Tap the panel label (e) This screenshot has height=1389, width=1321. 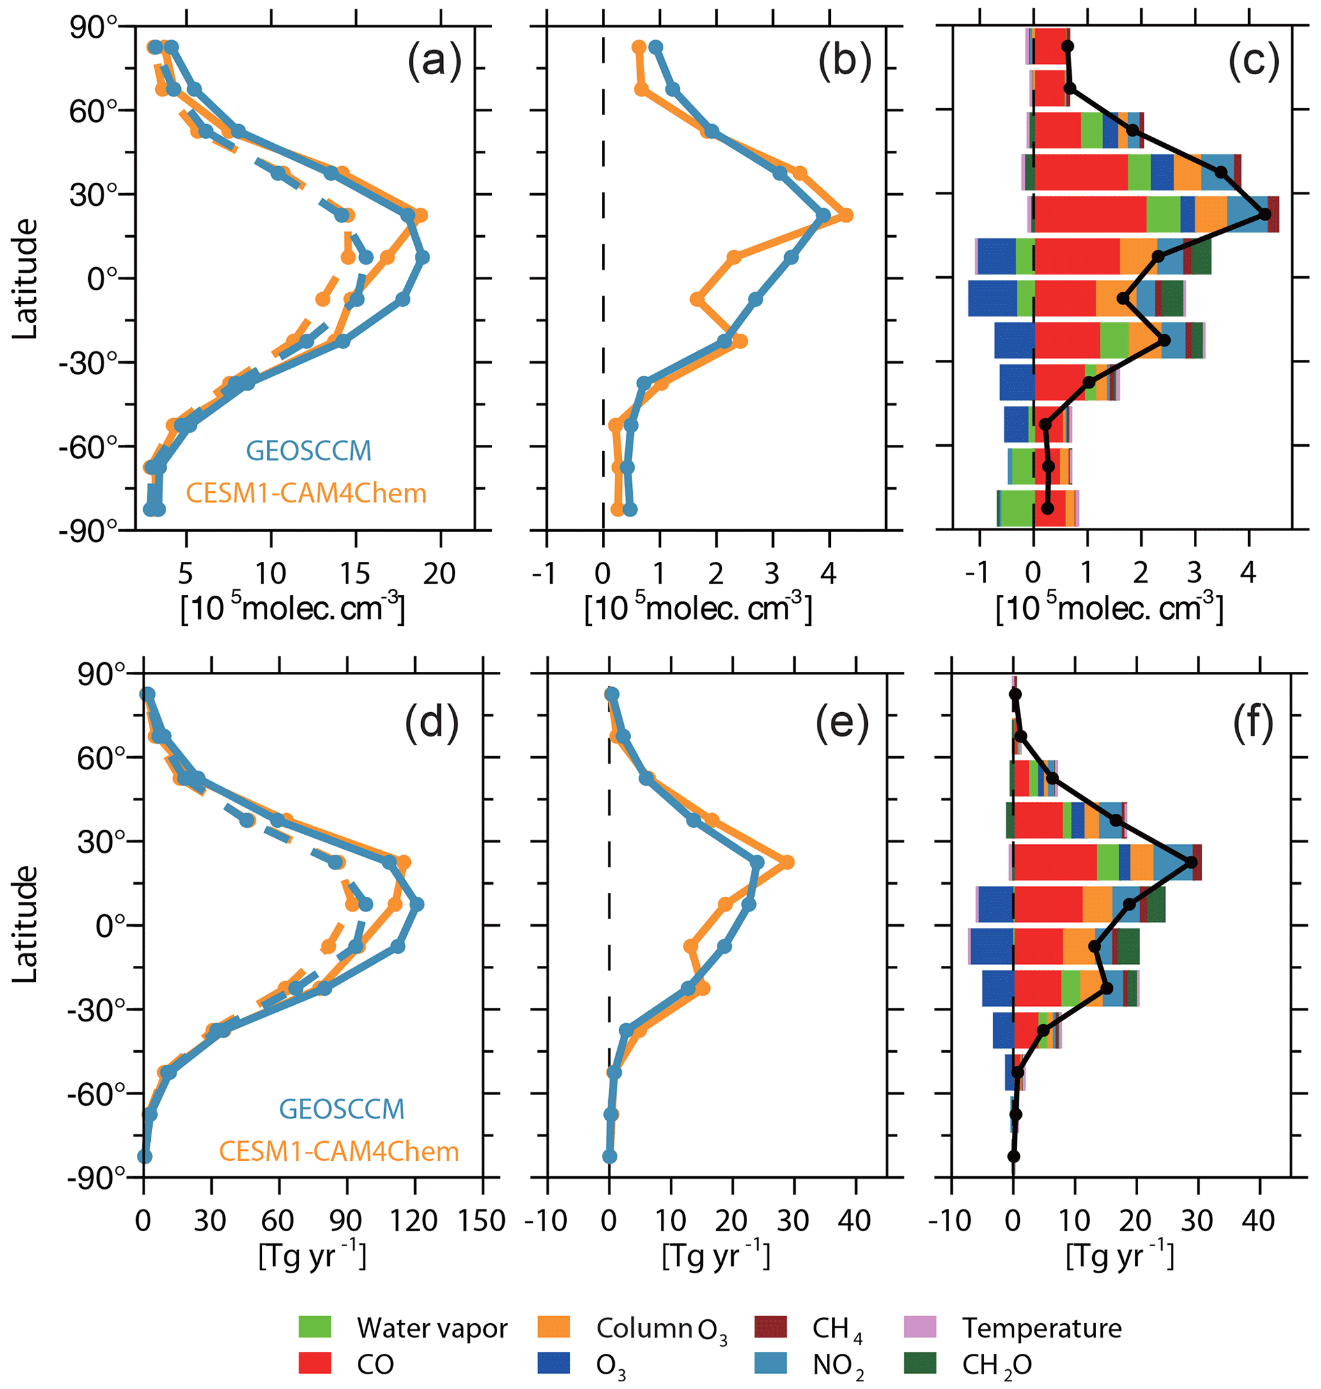[842, 721]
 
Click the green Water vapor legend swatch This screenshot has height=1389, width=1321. [315, 1327]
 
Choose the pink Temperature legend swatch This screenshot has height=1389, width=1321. [920, 1327]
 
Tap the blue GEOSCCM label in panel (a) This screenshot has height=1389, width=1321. [309, 451]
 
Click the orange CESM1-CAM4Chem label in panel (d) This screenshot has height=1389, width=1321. [339, 1151]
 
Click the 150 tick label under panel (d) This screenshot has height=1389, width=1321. [482, 1221]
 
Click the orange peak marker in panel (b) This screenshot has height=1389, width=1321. [846, 215]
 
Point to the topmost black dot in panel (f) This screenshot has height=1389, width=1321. [1015, 694]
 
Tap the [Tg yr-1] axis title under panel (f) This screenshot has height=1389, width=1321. [1120, 1256]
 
